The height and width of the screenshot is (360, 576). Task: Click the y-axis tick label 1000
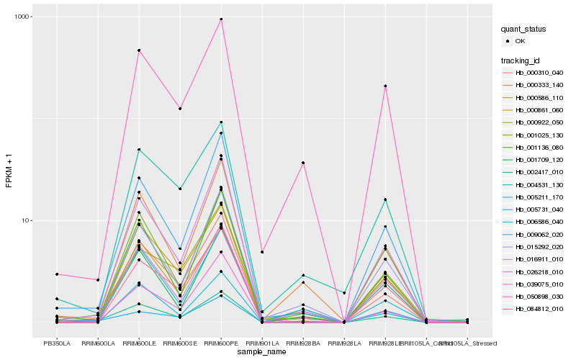pos(23,17)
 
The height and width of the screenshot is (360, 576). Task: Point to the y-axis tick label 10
pos(26,220)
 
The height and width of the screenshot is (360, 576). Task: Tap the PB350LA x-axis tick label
pos(57,343)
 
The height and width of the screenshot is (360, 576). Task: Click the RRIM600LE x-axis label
pos(139,343)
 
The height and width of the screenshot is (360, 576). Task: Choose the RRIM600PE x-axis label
pos(221,343)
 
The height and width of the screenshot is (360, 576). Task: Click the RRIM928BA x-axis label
pos(303,343)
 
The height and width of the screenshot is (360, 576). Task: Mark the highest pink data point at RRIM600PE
pos(221,19)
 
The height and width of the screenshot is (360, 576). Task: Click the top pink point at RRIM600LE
pos(139,50)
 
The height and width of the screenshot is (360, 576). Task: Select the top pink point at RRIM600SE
pos(180,109)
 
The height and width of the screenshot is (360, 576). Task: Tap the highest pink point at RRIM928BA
pos(303,163)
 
